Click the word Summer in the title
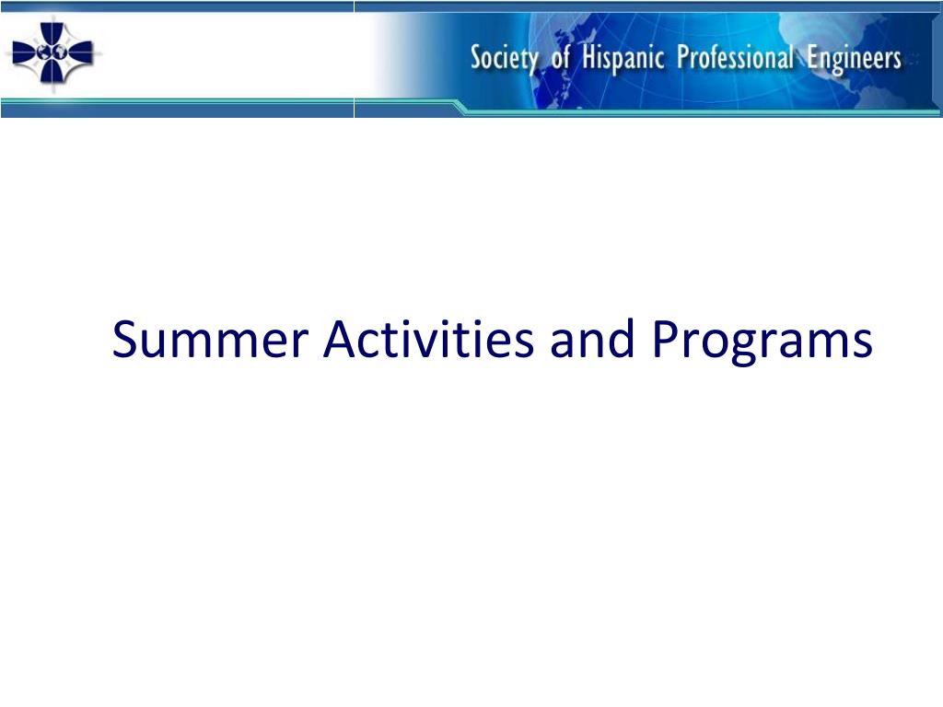210,340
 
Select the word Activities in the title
428,339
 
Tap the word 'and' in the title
592,339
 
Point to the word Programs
762,342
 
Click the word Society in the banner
504,58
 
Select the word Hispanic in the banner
623,58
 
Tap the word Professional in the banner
736,57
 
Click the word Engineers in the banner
854,59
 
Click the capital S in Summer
125,340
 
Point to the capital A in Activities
341,340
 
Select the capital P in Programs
665,340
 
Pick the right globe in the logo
60,52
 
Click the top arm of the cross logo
52,33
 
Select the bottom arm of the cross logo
52,72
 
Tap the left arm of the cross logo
24,52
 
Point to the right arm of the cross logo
81,52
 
